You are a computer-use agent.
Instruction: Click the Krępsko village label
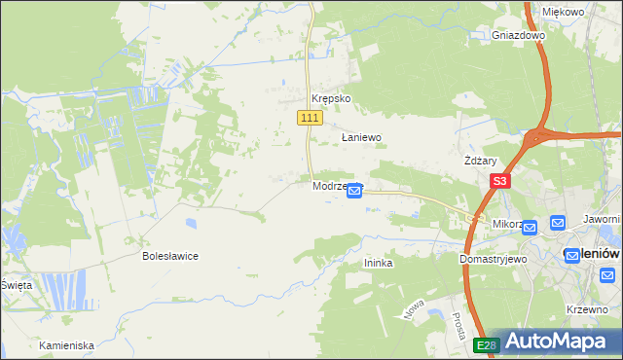(x=330, y=99)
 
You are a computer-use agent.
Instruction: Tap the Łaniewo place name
(x=360, y=138)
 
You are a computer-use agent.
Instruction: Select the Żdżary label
(x=481, y=162)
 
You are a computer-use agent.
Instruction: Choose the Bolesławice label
(x=170, y=257)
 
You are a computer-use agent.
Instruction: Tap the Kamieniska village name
(x=66, y=345)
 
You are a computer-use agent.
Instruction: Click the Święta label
(x=17, y=285)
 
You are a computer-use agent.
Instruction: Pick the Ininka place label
(x=378, y=262)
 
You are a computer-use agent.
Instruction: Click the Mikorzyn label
(x=507, y=224)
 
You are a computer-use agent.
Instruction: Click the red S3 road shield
(x=500, y=181)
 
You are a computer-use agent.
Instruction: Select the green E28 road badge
(x=487, y=345)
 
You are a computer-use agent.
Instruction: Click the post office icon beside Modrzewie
(x=355, y=192)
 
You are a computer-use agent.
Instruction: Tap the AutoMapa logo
(x=556, y=342)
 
